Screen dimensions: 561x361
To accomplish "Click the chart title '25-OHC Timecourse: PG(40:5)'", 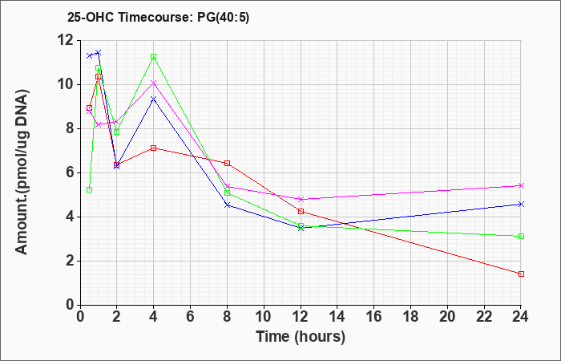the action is (x=158, y=17).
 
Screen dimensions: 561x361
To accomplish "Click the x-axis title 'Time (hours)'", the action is (x=301, y=337).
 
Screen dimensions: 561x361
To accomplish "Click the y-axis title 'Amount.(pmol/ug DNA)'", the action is (x=22, y=172).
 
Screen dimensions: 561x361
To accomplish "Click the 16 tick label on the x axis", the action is (x=374, y=317).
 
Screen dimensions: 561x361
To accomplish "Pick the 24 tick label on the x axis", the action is (x=521, y=317).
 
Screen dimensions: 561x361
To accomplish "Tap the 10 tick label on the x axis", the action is (x=264, y=317).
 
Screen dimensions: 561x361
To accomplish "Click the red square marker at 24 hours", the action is (x=521, y=274).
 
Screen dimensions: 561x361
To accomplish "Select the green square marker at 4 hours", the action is (x=154, y=57).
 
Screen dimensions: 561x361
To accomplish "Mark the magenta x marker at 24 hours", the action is (x=521, y=185).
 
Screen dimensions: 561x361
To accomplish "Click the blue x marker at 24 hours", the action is (x=521, y=204).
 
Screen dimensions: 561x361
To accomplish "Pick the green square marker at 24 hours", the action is (x=521, y=237).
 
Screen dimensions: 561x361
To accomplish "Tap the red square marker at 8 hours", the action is (x=227, y=164).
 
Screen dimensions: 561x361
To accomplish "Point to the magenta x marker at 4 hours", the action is (x=154, y=83).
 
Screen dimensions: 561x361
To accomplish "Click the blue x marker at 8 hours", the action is (x=227, y=205).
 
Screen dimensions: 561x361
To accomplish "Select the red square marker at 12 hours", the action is (x=301, y=211).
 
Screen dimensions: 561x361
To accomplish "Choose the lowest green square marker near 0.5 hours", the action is (x=90, y=189).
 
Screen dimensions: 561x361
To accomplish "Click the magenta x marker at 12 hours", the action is (x=301, y=199).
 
